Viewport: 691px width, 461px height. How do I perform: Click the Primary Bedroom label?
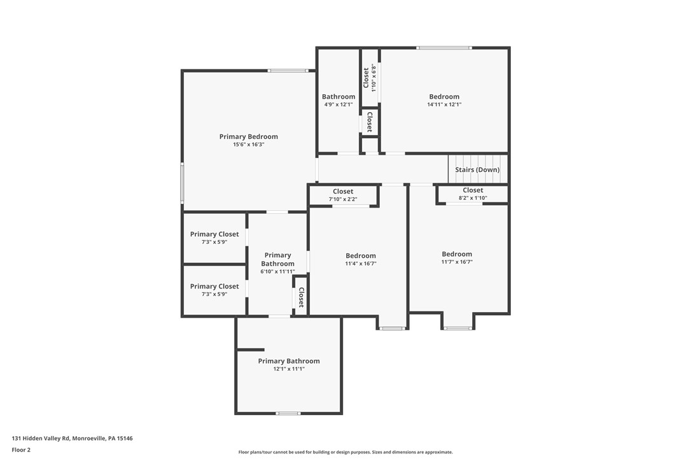[x=248, y=137]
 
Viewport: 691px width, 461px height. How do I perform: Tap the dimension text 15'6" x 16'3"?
[x=248, y=145]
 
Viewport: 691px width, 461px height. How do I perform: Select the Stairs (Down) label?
[x=477, y=170]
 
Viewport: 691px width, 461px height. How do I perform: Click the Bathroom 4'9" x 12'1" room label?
[x=338, y=97]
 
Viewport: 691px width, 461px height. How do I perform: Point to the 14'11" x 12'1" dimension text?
[x=444, y=104]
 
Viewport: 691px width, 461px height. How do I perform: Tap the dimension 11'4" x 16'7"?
[x=361, y=264]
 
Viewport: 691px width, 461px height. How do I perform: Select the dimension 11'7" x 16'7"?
[x=457, y=262]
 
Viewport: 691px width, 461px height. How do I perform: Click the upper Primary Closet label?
[x=214, y=234]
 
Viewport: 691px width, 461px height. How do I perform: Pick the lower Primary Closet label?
[x=214, y=287]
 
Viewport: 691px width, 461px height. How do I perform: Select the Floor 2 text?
[x=21, y=450]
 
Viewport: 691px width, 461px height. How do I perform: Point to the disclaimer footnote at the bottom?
[x=345, y=452]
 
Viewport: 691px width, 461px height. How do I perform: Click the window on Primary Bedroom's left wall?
[x=183, y=183]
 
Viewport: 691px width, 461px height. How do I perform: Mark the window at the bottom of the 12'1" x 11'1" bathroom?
[x=288, y=413]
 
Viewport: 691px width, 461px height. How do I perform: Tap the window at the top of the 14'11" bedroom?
[x=444, y=48]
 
